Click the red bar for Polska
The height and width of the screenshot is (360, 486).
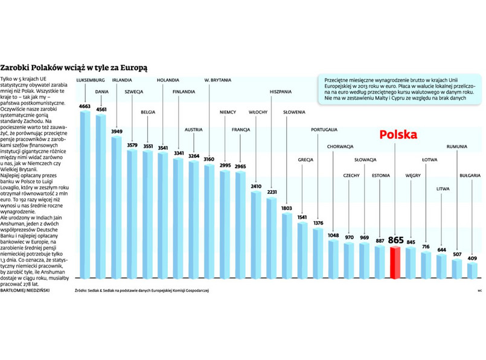tap(395, 263)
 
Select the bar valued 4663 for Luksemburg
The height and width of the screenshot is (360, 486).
tap(85, 193)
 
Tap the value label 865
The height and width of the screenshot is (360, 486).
tap(395, 240)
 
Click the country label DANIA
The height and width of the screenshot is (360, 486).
tap(101, 92)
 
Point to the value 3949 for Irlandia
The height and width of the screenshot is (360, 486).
tap(117, 132)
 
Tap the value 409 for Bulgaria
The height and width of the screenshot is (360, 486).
tap(472, 259)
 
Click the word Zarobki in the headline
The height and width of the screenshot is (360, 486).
tap(16, 68)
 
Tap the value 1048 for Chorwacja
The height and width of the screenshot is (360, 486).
tap(333, 236)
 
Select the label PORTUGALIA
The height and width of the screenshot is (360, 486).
tap(324, 129)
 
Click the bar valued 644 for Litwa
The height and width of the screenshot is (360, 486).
tap(441, 266)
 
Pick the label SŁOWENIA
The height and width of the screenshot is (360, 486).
tap(294, 112)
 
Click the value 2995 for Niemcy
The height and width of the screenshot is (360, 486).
tap(225, 166)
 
